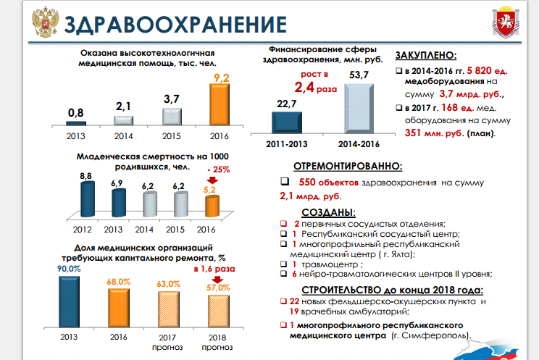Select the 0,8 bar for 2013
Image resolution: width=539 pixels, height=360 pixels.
76,123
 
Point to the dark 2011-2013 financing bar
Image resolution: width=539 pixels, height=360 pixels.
288,120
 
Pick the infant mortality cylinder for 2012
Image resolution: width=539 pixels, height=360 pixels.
86,198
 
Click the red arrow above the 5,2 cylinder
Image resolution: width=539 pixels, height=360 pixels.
211,181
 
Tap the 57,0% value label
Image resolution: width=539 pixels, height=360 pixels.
218,288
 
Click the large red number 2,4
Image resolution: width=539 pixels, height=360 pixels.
307,88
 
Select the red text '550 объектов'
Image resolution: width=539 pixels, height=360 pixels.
326,183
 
